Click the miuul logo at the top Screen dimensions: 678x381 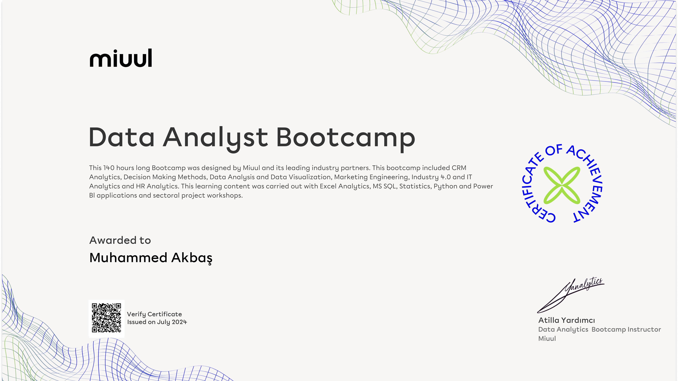point(121,58)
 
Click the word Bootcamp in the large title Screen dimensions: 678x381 point(346,138)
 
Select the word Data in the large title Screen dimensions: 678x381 point(122,137)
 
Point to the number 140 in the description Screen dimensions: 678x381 point(109,168)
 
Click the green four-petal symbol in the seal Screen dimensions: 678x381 point(562,185)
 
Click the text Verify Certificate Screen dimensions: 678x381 point(154,314)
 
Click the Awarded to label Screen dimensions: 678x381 point(120,240)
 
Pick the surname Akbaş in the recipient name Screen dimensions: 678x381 point(192,258)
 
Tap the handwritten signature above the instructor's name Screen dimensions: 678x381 point(571,295)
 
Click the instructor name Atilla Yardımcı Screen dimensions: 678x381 point(567,320)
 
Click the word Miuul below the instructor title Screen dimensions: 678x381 point(547,339)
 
